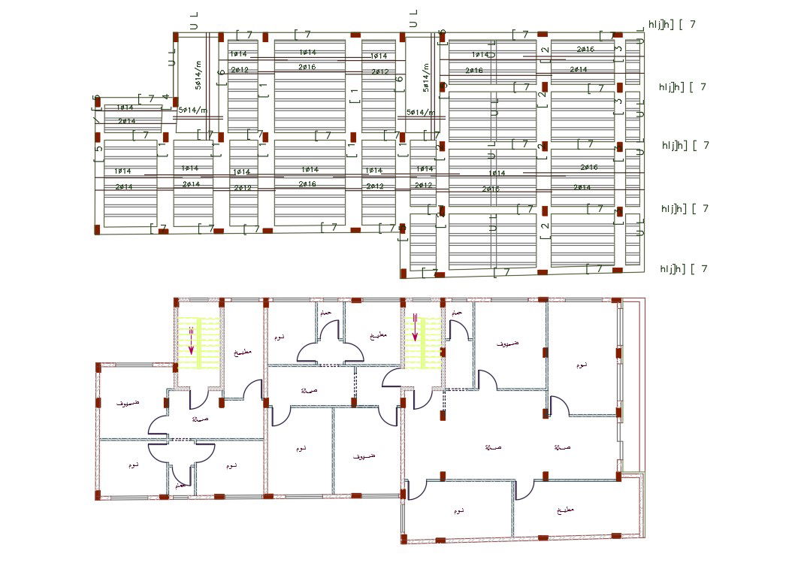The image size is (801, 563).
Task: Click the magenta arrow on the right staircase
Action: coord(415,328)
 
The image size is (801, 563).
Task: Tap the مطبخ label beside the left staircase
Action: coord(242,352)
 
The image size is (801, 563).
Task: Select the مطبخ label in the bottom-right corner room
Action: coord(564,510)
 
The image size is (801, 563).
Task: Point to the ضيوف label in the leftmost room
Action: coord(126,403)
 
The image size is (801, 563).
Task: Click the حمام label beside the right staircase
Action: coord(455,311)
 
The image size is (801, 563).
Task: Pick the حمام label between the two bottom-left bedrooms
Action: coord(180,486)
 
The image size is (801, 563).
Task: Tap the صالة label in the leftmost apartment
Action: coord(199,419)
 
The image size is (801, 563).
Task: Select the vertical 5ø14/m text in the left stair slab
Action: coord(198,75)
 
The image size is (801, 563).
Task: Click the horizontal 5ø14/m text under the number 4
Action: coord(192,110)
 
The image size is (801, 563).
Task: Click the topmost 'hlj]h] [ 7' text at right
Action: coord(672,24)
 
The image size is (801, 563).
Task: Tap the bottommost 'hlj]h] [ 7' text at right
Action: coord(683,268)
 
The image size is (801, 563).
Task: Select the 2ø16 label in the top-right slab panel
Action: coord(585,49)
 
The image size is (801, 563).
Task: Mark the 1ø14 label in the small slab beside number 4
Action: coord(126,107)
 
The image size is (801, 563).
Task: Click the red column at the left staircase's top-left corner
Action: coord(177,301)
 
